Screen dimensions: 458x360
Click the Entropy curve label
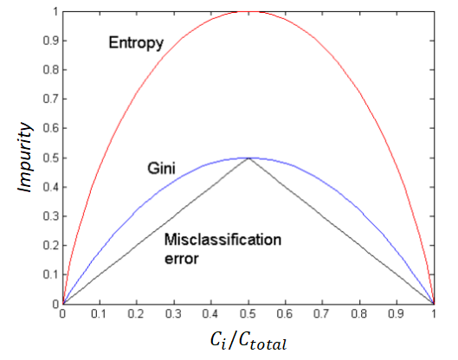[136, 43]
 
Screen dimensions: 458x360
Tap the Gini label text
[161, 169]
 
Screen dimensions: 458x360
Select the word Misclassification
[223, 240]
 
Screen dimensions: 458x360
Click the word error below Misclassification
[182, 259]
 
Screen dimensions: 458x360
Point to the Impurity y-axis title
[24, 157]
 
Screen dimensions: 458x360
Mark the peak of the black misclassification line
[248, 158]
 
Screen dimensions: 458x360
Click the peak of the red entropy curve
[248, 11]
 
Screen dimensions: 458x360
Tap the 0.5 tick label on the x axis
[248, 313]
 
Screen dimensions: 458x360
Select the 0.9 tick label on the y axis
[51, 41]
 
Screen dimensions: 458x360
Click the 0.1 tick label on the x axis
[99, 313]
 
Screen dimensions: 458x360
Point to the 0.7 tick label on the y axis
[51, 99]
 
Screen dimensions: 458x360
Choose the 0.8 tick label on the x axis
[359, 313]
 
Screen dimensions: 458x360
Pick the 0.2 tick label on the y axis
[51, 245]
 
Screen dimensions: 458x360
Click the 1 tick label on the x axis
[434, 313]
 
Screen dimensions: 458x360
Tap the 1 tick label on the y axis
[55, 11]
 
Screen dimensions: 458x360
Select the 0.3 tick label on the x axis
[173, 313]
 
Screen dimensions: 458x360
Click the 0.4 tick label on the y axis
[51, 187]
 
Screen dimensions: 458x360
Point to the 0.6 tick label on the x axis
[285, 313]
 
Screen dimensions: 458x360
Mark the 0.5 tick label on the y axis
[51, 158]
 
